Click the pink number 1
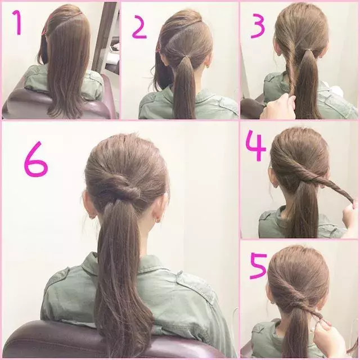click(17, 23)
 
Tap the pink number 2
click(139, 27)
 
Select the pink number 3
click(258, 26)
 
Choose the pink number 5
click(258, 266)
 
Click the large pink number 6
click(35, 159)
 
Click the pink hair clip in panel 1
click(44, 27)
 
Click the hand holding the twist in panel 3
click(278, 107)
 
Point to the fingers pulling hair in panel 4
click(350, 213)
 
